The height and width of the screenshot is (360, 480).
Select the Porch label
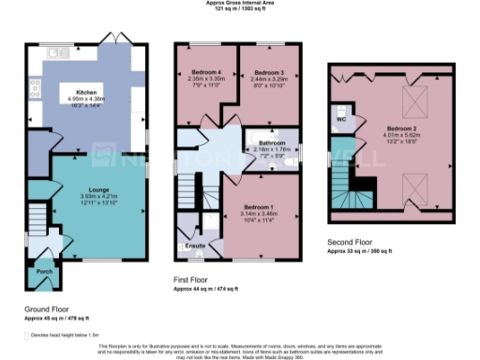(44, 273)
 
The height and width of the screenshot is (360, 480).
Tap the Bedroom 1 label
(258, 206)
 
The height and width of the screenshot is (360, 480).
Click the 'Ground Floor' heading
(46, 308)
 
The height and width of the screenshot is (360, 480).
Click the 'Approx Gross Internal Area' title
(240, 3)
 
